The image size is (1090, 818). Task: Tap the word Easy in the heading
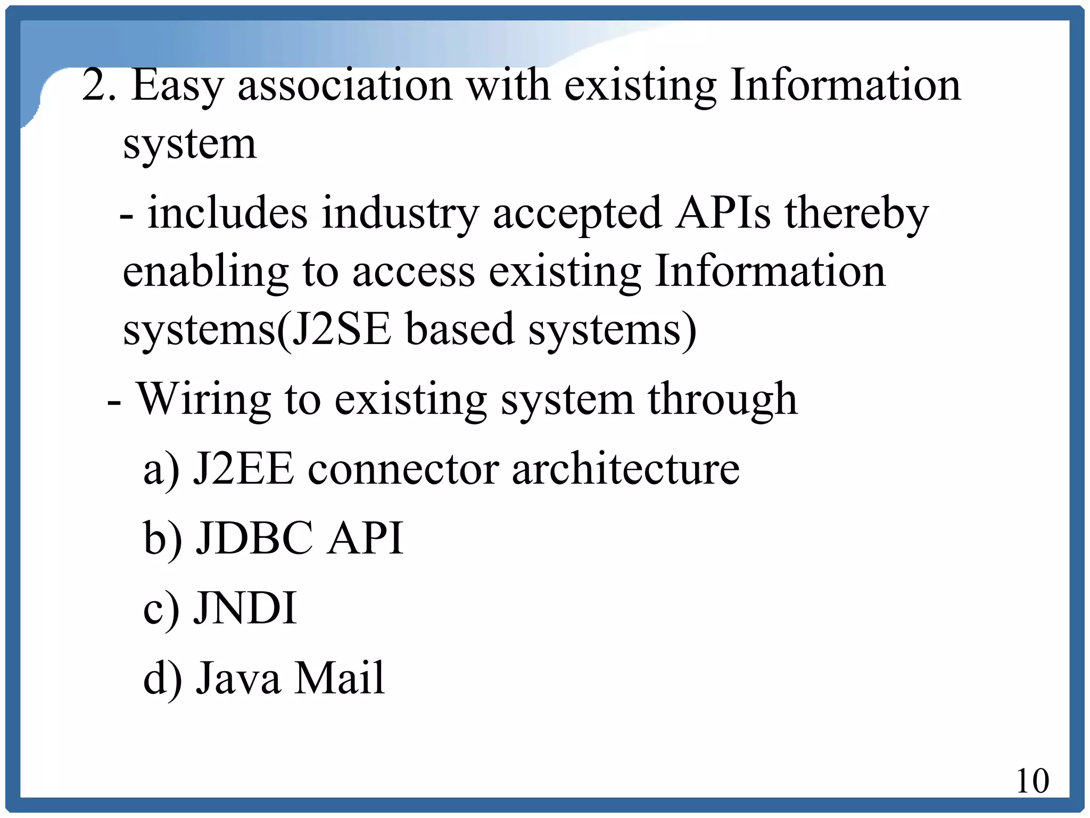pos(177,87)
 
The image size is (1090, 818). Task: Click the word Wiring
pos(204,400)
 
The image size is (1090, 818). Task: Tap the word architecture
pos(625,469)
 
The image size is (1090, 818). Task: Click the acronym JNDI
pos(245,608)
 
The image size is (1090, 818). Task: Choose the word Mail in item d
pos(340,677)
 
